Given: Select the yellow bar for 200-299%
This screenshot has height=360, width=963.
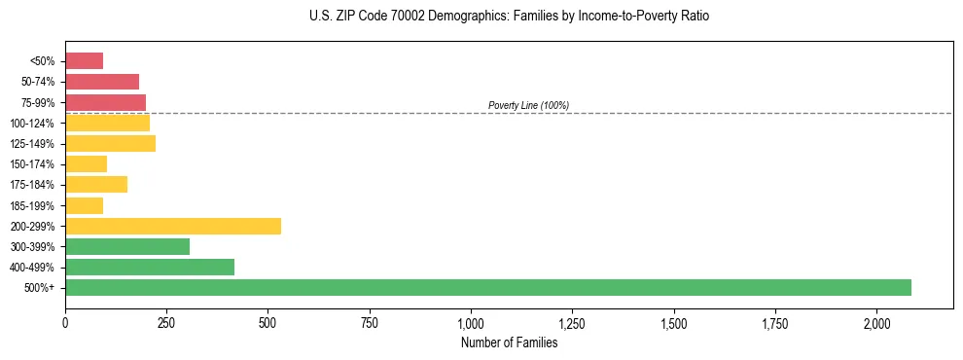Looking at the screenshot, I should click(173, 226).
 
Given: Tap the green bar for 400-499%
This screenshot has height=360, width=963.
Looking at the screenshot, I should click(150, 267).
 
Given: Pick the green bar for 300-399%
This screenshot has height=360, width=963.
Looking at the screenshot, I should click(127, 246).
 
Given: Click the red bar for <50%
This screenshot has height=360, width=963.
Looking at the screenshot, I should click(84, 61).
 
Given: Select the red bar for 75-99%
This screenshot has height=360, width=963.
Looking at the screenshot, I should click(105, 102).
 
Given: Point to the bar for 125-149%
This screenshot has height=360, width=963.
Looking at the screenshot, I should click(110, 144).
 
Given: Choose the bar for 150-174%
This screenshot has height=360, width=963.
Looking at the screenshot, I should click(86, 164).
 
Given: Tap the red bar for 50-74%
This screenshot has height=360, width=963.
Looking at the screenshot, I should click(102, 82).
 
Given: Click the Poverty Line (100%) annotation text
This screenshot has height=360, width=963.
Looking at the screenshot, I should click(528, 105).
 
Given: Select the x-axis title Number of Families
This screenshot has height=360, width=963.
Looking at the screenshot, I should click(509, 342).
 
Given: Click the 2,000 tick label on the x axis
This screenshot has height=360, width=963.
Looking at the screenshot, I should click(876, 323).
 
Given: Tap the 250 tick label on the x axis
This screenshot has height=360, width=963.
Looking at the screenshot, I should click(166, 323).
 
